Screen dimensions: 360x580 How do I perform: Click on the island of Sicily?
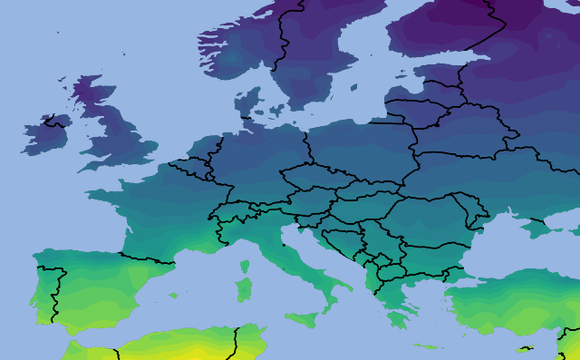(302, 318)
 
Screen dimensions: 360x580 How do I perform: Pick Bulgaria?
(426, 256)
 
